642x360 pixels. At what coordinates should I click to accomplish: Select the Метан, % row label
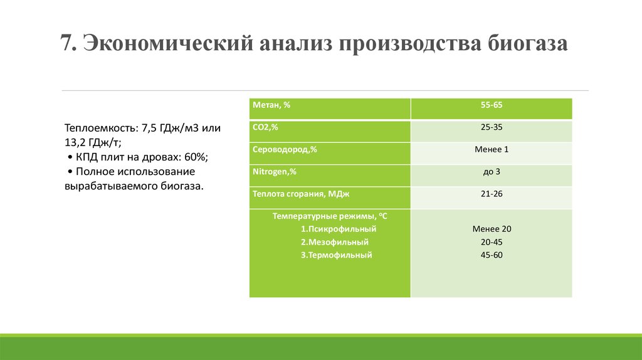click(x=271, y=105)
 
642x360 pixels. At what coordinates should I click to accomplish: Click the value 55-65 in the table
click(x=492, y=105)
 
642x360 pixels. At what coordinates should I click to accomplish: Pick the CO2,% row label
click(x=265, y=127)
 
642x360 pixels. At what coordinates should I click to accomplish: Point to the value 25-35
click(x=492, y=127)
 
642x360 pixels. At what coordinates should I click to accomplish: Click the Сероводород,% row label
click(x=285, y=150)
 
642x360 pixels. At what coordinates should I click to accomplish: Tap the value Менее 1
click(x=492, y=150)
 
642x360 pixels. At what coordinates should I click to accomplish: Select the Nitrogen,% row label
click(x=275, y=172)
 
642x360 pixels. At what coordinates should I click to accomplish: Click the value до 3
click(x=492, y=171)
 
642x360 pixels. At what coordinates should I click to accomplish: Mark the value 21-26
click(x=492, y=194)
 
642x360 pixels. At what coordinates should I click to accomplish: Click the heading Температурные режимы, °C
click(x=330, y=216)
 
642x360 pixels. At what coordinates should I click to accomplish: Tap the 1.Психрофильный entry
click(x=340, y=229)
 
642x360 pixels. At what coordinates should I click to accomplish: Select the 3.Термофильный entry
click(x=337, y=255)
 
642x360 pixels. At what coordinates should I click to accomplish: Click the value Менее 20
click(x=492, y=229)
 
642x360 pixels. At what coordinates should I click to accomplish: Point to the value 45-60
click(x=492, y=255)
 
